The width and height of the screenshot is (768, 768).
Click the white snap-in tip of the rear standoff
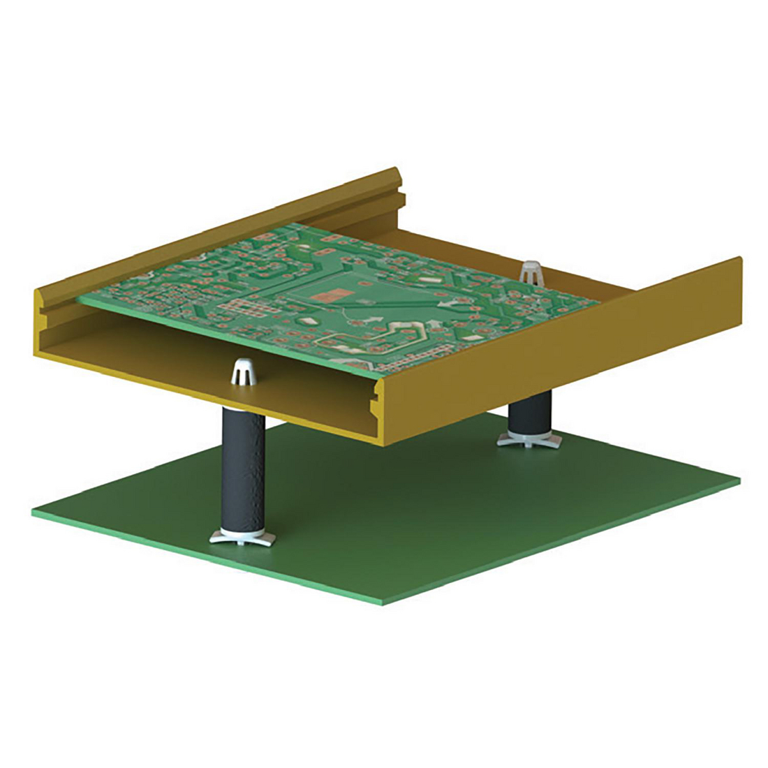[531, 272]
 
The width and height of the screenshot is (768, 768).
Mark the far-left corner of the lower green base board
[34, 512]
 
